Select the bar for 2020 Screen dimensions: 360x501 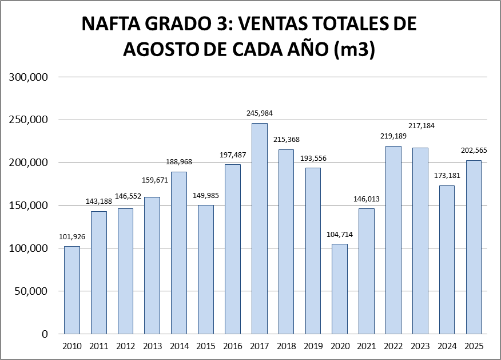(x=340, y=288)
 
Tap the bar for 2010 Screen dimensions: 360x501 (x=72, y=290)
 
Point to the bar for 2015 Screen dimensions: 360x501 (x=206, y=269)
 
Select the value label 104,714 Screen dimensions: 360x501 (x=340, y=234)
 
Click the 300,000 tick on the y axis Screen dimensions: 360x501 (x=28, y=77)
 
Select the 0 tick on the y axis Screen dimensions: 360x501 (x=45, y=334)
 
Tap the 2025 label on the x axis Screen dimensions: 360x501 (x=474, y=347)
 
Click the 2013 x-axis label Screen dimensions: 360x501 (x=152, y=347)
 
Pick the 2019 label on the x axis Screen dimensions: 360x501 (x=313, y=347)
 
